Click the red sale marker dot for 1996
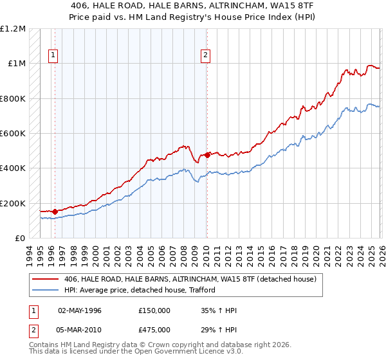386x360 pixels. [55, 212]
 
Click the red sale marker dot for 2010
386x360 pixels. [207, 155]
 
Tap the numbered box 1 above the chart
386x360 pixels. [52, 56]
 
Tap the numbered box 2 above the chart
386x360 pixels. [205, 56]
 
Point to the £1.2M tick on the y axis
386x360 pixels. [13, 29]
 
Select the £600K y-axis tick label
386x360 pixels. [13, 134]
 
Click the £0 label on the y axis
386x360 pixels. [19, 238]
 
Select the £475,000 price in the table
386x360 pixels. [155, 330]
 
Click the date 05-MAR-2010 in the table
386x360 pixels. [80, 330]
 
